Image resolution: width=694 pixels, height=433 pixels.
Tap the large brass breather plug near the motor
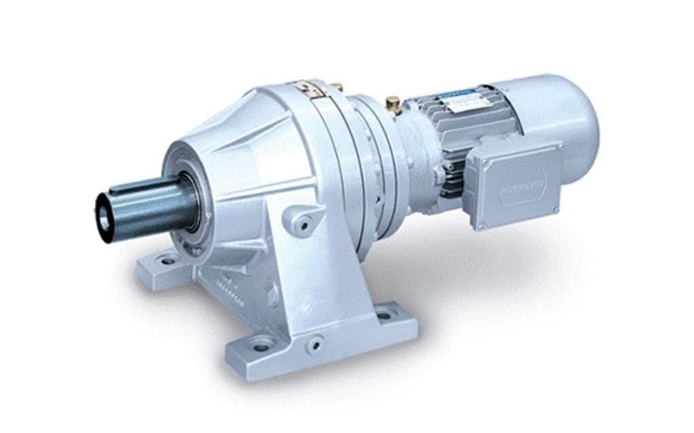[392, 103]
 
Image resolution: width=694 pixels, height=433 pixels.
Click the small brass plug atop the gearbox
[337, 87]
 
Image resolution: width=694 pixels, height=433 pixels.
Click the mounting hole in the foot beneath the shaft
[167, 260]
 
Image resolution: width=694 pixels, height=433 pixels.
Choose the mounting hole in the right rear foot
[384, 315]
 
